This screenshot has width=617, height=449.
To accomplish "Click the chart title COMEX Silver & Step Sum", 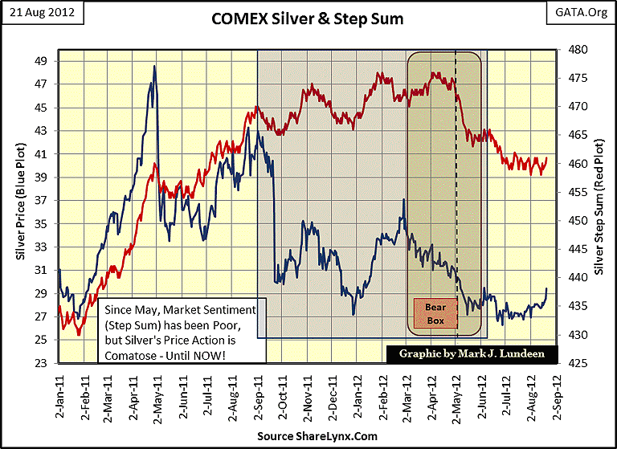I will [308, 17].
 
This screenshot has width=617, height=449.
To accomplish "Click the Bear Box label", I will [435, 313].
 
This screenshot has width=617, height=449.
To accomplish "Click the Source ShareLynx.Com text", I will [308, 435].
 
